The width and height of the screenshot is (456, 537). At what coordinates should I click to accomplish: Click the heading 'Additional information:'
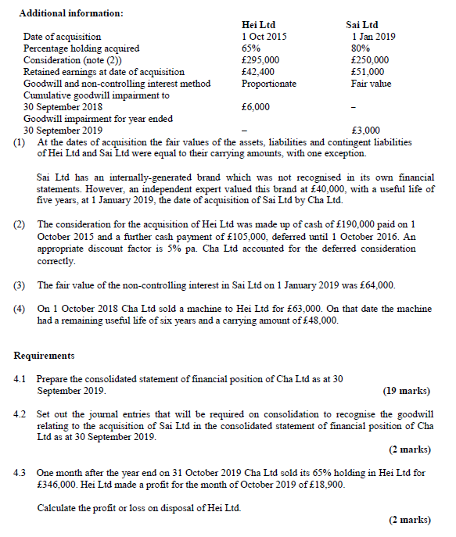click(x=70, y=13)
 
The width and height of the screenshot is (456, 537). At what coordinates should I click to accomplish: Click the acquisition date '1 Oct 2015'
click(x=264, y=37)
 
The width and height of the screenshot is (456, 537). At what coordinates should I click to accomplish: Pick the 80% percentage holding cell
click(x=361, y=48)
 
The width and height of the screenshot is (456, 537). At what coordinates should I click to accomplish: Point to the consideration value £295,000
click(x=261, y=60)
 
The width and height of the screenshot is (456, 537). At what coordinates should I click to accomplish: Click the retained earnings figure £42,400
click(x=259, y=72)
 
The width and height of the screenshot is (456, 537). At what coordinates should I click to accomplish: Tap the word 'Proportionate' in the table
click(x=269, y=84)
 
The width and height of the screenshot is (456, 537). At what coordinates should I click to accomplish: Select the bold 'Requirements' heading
click(x=45, y=356)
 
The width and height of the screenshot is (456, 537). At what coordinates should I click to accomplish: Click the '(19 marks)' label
click(x=407, y=391)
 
